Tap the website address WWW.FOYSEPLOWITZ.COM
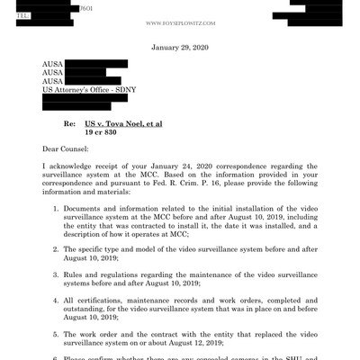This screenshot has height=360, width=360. point(180,15)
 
